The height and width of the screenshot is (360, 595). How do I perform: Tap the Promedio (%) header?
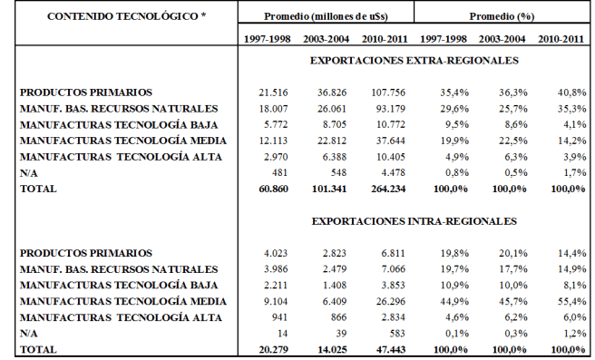pos(501,17)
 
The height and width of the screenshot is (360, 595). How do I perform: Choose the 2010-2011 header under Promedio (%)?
pos(559,39)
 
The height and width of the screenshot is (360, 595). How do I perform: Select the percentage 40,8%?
pos(568,92)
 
